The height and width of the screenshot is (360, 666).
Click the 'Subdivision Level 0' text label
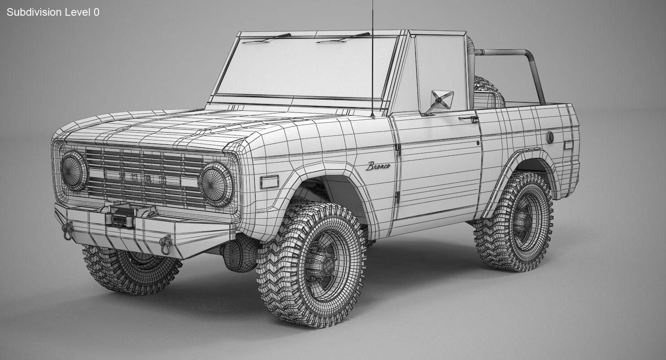coord(53,12)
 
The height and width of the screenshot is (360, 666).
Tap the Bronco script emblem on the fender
coord(378,166)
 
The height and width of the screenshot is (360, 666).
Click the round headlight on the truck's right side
coord(74,170)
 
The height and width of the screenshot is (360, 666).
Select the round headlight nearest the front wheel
coord(216,184)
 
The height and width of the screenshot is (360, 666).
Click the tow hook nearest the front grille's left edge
coord(68,230)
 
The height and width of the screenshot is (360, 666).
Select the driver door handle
coord(469,119)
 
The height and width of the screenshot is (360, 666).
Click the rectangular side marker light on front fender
coord(269,182)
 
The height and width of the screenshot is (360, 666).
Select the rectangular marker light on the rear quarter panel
coord(568,145)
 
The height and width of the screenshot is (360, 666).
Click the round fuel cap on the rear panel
coord(549,137)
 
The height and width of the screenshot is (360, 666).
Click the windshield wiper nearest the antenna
coord(343,38)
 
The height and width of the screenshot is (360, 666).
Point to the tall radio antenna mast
coord(372,58)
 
